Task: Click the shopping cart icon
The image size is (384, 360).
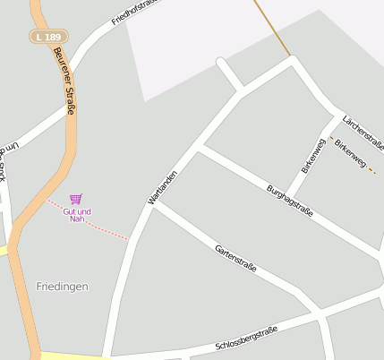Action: point(76,199)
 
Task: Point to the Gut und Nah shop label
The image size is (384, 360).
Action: point(77,214)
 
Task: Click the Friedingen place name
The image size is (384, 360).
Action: point(62,287)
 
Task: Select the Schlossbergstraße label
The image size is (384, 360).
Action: point(247,339)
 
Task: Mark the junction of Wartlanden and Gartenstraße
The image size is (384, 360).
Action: point(155,204)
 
